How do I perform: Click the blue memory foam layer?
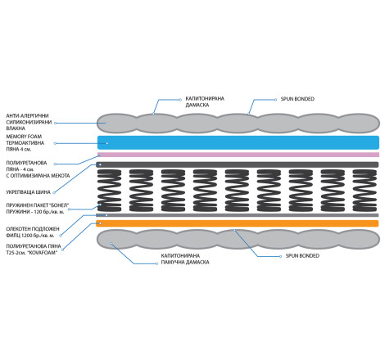pos(238,142)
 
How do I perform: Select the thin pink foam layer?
pos(238,155)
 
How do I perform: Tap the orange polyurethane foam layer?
pos(237,223)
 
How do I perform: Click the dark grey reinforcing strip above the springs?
pos(237,164)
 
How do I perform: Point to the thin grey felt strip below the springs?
pos(237,215)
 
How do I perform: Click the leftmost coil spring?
pos(109,191)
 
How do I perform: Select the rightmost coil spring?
pos(365,191)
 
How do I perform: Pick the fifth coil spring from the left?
pos(237,191)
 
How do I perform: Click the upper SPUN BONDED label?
pos(297,99)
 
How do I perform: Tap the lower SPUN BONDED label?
pos(302,256)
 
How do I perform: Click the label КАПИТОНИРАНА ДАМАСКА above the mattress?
pos(205,101)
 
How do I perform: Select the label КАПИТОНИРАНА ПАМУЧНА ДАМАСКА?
pos(185,259)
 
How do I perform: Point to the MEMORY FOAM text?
pos(24,137)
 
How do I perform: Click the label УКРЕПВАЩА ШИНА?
pos(28,192)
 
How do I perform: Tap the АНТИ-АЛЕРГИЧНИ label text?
pos(27,115)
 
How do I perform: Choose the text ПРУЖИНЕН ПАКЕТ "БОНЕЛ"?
pos(38,205)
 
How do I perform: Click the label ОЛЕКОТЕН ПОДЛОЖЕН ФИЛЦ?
pos(33,232)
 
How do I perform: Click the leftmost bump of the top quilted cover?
pos(117,123)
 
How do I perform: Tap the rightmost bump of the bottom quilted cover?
pos(359,239)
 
